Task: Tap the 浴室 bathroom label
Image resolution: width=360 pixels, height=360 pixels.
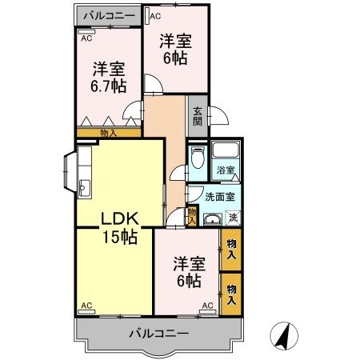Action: tap(226, 170)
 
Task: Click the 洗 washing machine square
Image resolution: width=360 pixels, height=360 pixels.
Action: tap(233, 218)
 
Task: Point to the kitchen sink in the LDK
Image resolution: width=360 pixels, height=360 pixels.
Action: tap(84, 190)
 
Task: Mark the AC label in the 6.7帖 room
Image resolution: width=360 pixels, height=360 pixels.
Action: tap(85, 35)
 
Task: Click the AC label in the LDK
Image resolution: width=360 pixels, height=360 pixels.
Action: tap(86, 306)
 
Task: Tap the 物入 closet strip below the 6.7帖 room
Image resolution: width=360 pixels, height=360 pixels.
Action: tap(109, 133)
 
